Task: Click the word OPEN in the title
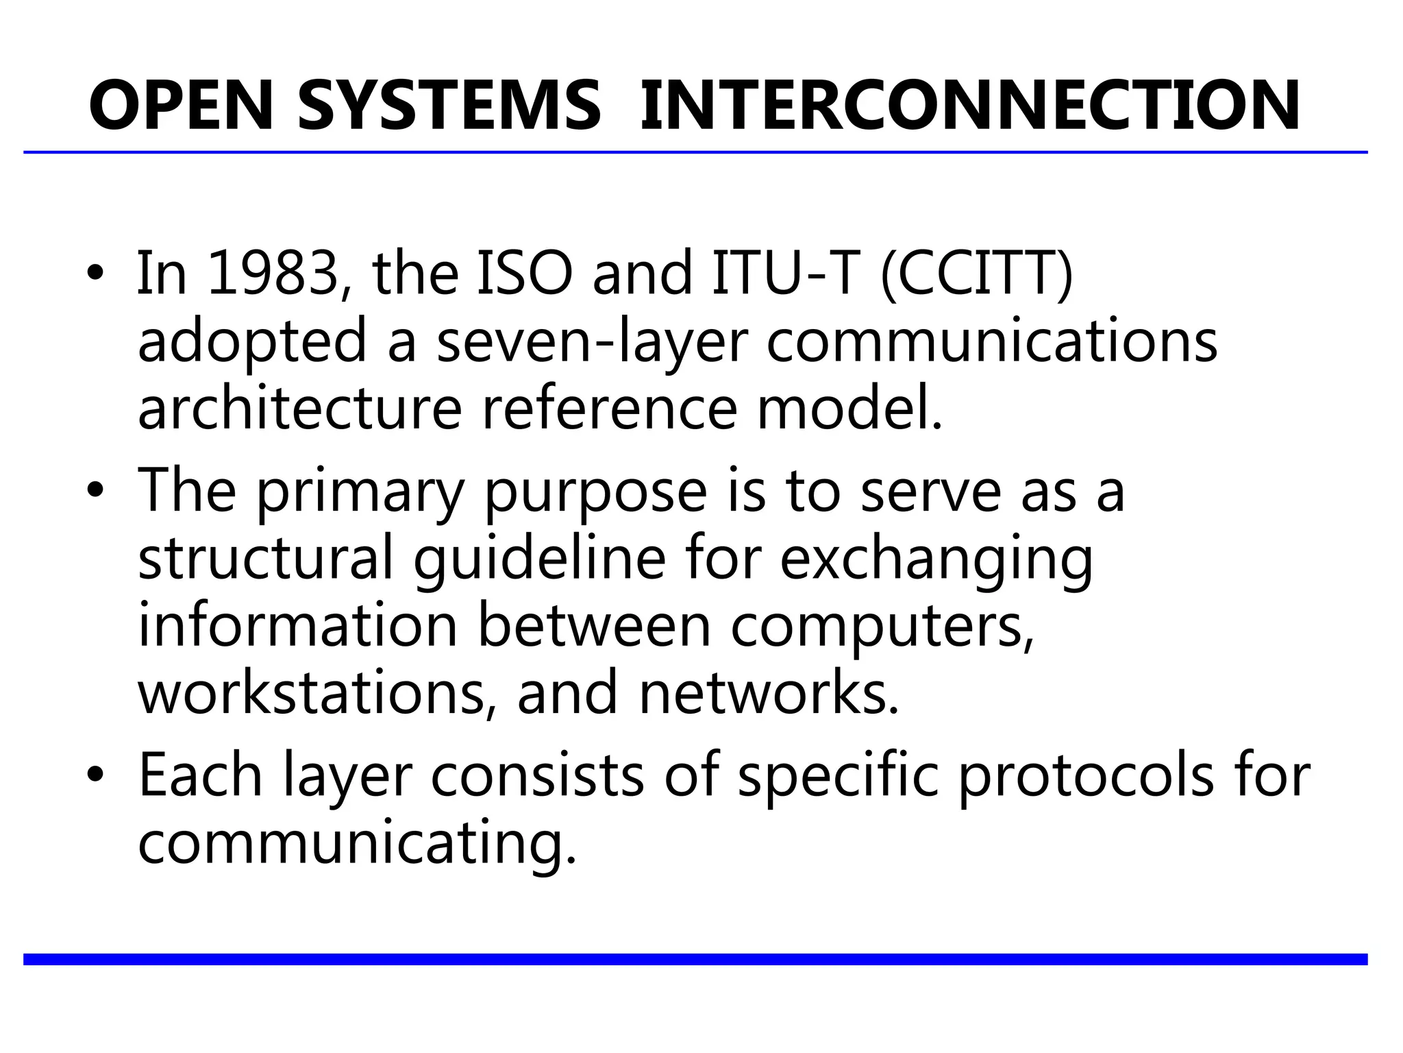click(182, 106)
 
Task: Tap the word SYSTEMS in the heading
click(449, 106)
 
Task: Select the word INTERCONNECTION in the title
click(969, 106)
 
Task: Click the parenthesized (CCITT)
click(977, 274)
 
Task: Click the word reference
click(610, 408)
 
